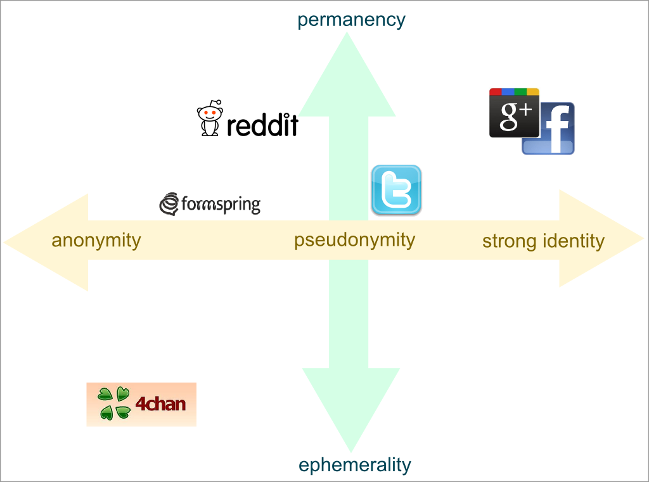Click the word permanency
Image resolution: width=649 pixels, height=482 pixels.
click(x=351, y=20)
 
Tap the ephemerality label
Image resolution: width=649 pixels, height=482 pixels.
click(x=354, y=465)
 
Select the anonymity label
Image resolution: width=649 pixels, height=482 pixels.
click(x=96, y=241)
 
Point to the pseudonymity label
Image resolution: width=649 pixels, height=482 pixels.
click(x=354, y=240)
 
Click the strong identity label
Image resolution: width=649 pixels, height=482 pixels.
click(x=543, y=241)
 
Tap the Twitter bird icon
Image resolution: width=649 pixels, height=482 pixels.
click(x=396, y=189)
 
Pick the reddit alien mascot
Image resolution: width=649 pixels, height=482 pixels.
click(x=210, y=118)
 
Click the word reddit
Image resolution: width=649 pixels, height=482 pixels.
click(x=262, y=125)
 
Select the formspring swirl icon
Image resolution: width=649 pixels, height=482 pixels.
click(x=169, y=204)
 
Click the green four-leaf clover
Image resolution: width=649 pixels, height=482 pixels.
click(x=114, y=403)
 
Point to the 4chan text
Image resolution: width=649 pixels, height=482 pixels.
click(x=160, y=403)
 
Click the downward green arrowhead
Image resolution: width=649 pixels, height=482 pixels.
click(x=350, y=405)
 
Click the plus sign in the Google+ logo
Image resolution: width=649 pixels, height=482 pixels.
click(x=527, y=111)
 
